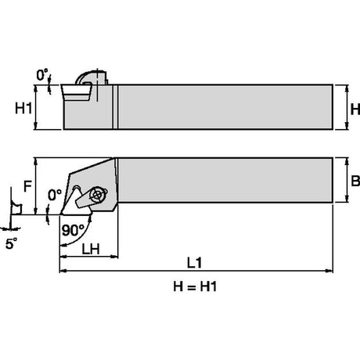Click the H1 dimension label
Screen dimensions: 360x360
click(23, 108)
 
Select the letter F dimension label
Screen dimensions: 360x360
click(27, 186)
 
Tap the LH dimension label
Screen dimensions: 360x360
click(91, 249)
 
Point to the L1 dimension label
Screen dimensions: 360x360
click(195, 263)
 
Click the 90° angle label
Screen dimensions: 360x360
click(73, 230)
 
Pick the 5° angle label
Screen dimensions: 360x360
click(11, 243)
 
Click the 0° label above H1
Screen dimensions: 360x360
click(42, 75)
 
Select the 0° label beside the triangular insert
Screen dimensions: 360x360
click(55, 195)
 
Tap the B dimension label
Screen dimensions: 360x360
click(355, 181)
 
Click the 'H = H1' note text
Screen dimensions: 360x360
click(195, 286)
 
